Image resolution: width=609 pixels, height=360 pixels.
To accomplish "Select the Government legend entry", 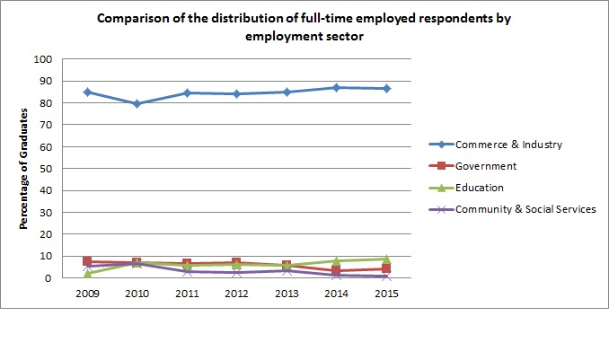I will pyautogui.click(x=486, y=166).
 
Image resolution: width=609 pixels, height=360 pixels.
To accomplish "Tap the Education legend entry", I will pyautogui.click(x=481, y=188).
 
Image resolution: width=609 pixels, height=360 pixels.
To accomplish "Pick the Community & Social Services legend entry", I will pyautogui.click(x=521, y=209).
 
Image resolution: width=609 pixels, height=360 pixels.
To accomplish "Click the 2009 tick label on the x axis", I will pyautogui.click(x=87, y=294).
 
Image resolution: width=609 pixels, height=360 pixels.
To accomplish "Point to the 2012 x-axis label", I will pyautogui.click(x=237, y=294).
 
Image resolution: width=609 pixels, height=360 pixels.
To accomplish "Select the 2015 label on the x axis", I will pyautogui.click(x=386, y=294).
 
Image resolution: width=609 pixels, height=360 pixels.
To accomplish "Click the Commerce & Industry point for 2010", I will pyautogui.click(x=137, y=103).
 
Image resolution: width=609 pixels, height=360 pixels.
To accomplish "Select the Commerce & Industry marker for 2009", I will pyautogui.click(x=87, y=92).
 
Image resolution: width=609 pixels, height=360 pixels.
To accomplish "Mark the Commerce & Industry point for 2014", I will pyautogui.click(x=336, y=87).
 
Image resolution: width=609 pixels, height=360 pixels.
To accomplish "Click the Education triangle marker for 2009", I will pyautogui.click(x=87, y=274).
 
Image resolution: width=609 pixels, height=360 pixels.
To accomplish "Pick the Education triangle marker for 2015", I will pyautogui.click(x=386, y=259).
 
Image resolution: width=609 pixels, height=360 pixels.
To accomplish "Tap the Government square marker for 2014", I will pyautogui.click(x=336, y=270).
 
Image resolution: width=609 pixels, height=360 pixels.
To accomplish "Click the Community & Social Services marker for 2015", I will pyautogui.click(x=386, y=277).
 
